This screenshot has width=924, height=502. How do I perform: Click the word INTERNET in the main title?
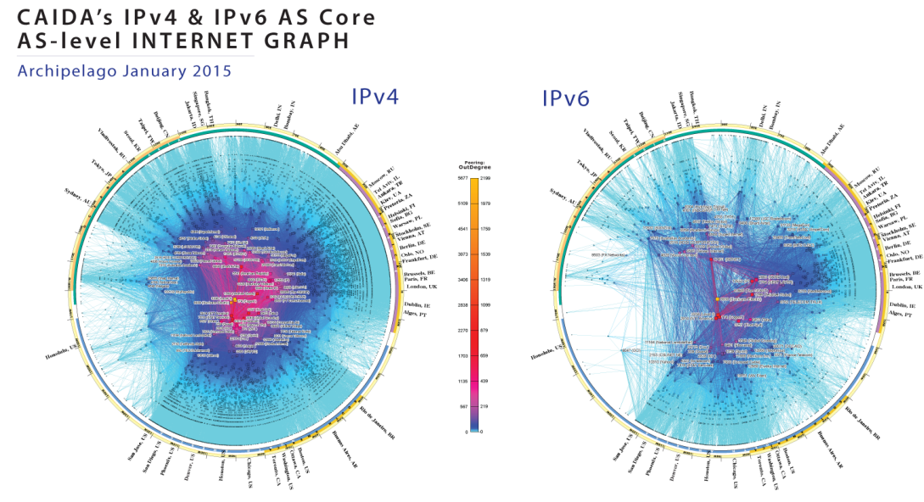tap(213, 40)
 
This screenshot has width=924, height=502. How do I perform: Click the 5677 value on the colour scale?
tap(451, 180)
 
